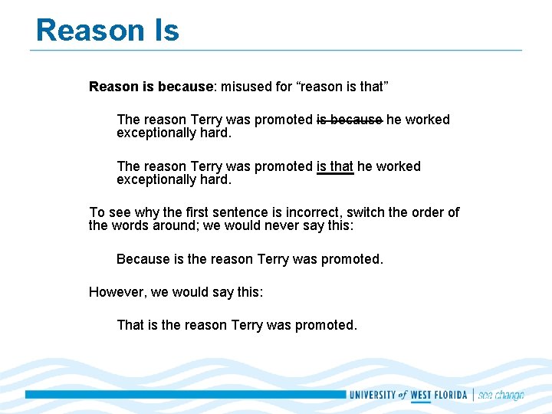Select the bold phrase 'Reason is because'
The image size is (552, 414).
click(150, 87)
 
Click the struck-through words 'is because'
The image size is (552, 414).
click(349, 120)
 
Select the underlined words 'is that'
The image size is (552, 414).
click(335, 166)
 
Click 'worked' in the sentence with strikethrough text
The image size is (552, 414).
click(427, 120)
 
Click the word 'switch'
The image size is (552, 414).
click(366, 212)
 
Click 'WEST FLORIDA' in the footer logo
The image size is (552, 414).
click(439, 396)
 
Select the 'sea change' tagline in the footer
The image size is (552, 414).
click(501, 396)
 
